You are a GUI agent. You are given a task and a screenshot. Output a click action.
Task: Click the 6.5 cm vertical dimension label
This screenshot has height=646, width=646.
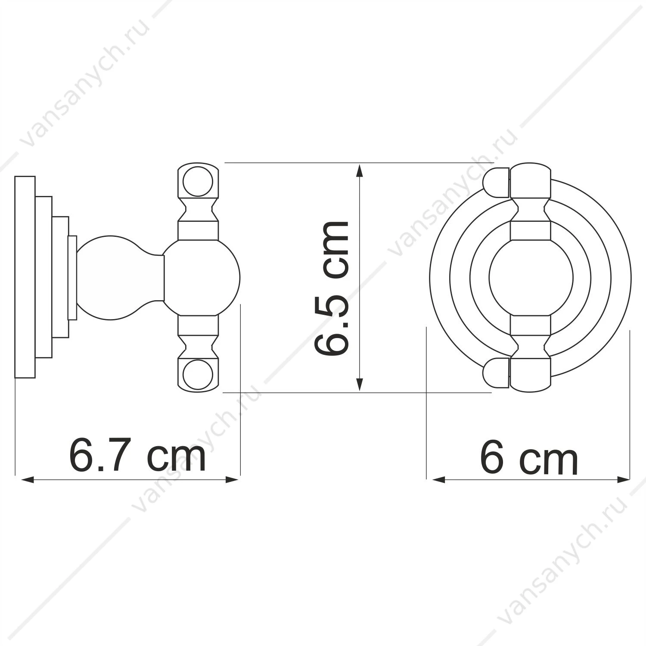click(x=331, y=288)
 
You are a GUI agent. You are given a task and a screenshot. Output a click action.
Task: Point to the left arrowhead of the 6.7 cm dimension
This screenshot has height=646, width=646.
click(x=27, y=479)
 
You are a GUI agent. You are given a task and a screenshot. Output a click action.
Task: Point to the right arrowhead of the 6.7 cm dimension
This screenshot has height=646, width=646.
click(x=233, y=479)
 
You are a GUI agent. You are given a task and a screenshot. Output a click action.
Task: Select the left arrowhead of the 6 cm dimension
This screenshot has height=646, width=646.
click(x=439, y=479)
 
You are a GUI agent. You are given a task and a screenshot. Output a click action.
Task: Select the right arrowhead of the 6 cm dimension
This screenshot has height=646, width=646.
click(x=623, y=479)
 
